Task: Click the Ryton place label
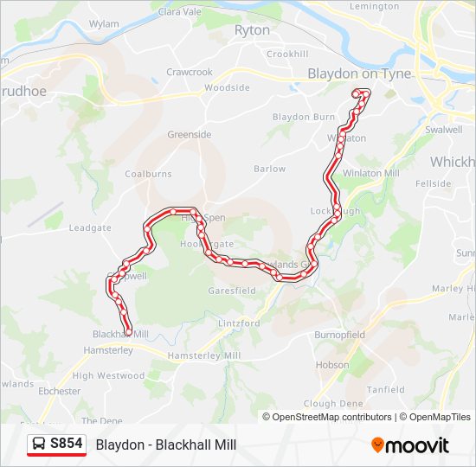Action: (x=252, y=30)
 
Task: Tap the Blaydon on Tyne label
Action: (x=359, y=74)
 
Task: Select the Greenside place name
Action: (x=189, y=135)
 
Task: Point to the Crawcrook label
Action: (x=190, y=72)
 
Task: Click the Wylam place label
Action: (x=104, y=24)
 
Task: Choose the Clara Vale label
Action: (x=180, y=13)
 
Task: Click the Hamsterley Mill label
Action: (x=203, y=356)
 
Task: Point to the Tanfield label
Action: (x=385, y=389)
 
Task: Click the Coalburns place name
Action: (x=148, y=174)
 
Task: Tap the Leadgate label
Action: (x=90, y=228)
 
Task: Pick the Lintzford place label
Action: (x=239, y=323)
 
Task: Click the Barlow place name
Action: (x=270, y=170)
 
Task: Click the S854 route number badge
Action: (x=66, y=445)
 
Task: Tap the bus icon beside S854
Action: (x=40, y=445)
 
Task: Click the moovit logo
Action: (x=410, y=445)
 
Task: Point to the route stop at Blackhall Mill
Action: (x=128, y=331)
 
